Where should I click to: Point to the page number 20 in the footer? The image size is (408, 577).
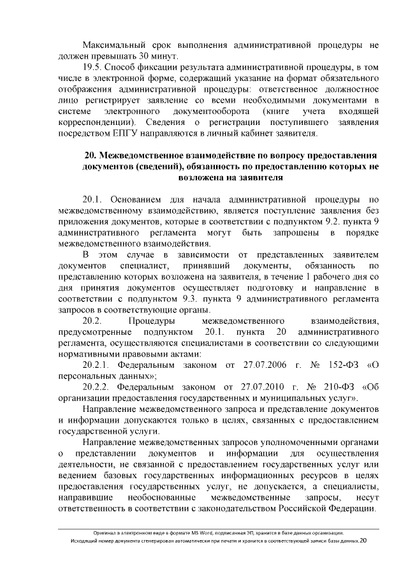coord(363,541)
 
